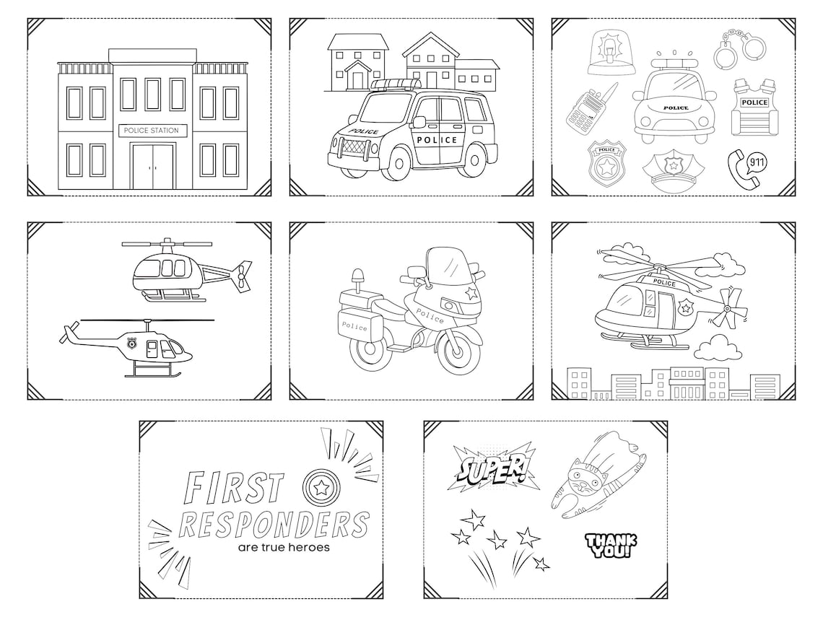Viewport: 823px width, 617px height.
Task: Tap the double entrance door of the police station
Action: pyautogui.click(x=152, y=167)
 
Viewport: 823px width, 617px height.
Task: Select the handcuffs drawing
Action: pyautogui.click(x=743, y=45)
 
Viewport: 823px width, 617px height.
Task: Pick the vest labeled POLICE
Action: pyautogui.click(x=754, y=108)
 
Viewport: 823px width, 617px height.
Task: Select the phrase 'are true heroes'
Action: pyautogui.click(x=284, y=547)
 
